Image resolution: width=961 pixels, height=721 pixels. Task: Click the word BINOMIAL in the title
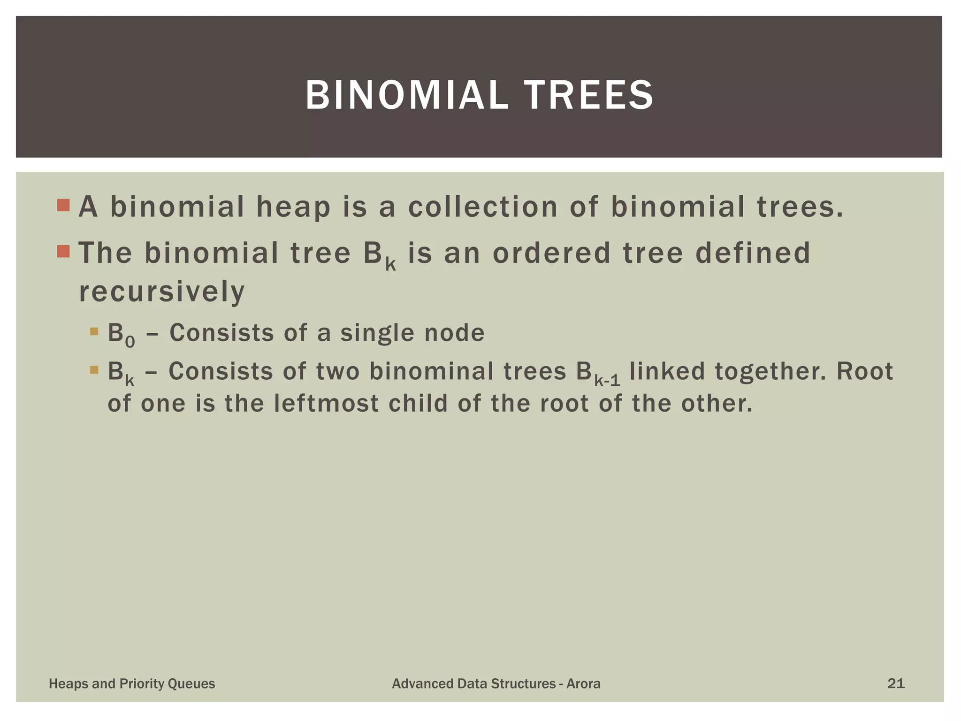tap(406, 95)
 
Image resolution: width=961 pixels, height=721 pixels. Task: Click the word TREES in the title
tap(588, 95)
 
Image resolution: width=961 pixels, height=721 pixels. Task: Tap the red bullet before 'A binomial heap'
tap(63, 206)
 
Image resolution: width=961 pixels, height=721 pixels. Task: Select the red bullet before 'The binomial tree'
tap(63, 252)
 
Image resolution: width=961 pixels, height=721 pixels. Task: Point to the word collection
tap(483, 207)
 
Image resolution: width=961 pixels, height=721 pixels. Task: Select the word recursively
tap(162, 291)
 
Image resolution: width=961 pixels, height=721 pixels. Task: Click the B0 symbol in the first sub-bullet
tap(121, 335)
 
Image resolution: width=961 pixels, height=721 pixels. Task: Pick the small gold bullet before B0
tap(94, 331)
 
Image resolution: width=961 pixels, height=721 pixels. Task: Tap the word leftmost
tap(326, 403)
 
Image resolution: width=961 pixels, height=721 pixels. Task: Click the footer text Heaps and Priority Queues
tap(132, 683)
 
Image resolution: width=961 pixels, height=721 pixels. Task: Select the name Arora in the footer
tap(583, 683)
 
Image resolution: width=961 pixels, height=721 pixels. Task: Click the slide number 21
tap(896, 683)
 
